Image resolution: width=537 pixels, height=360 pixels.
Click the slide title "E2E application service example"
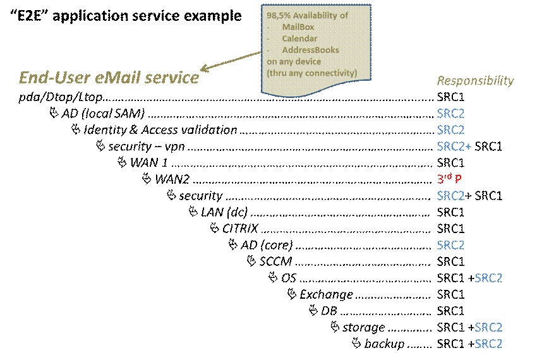point(126,16)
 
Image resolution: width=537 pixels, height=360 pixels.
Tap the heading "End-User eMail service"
point(109,78)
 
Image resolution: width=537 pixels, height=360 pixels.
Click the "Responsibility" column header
point(475,81)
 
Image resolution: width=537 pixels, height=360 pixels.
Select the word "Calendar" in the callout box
point(299,39)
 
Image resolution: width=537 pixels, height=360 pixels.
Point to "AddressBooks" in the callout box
point(310,50)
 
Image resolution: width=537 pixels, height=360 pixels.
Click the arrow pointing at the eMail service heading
point(231,62)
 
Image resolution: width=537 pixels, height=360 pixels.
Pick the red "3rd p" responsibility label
point(449,178)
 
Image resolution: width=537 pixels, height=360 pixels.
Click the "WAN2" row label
point(172,179)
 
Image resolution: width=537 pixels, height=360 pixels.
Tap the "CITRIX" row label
point(240,229)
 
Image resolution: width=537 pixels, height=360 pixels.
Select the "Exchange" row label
point(327,294)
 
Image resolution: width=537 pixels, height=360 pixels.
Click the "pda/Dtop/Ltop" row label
point(61,97)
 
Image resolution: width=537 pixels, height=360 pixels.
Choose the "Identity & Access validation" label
point(160,130)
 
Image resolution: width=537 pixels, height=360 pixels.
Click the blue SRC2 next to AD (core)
point(450,245)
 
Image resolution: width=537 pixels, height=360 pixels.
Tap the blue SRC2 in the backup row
point(488,344)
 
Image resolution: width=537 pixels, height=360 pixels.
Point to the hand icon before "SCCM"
point(251,261)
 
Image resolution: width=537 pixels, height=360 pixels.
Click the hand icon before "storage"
point(335,327)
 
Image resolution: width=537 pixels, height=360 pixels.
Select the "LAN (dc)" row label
point(224,212)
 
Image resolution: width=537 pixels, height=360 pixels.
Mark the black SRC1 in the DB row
point(450,311)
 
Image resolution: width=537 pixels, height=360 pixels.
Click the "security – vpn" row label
point(147,147)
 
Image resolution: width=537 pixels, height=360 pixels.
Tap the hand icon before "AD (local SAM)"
point(54,112)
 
